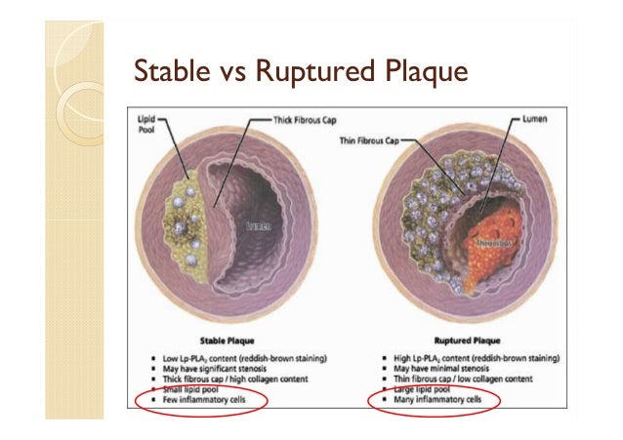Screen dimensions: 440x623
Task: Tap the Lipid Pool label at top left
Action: [x=145, y=120]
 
